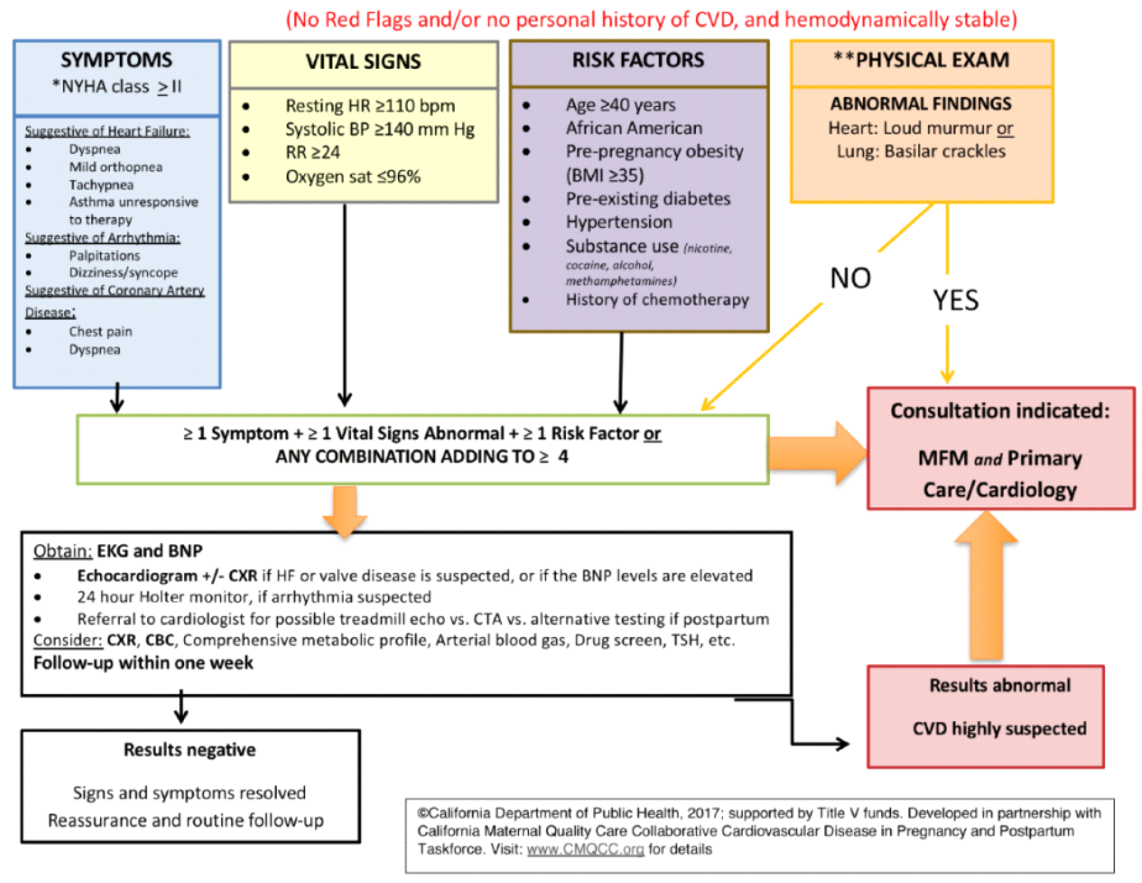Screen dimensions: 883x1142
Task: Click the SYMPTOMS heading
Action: pyautogui.click(x=116, y=60)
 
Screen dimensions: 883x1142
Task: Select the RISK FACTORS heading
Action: pyautogui.click(x=638, y=60)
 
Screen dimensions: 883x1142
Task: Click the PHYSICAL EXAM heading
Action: pyautogui.click(x=922, y=60)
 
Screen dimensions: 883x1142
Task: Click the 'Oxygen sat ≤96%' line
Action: pyautogui.click(x=353, y=177)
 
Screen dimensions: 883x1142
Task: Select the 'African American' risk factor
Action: pyautogui.click(x=634, y=128)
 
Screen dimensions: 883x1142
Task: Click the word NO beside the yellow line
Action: pyautogui.click(x=850, y=278)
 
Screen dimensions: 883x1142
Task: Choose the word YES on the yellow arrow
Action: pyautogui.click(x=955, y=300)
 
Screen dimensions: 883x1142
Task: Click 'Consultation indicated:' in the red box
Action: pyautogui.click(x=1000, y=411)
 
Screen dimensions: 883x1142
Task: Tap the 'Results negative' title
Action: pyautogui.click(x=190, y=750)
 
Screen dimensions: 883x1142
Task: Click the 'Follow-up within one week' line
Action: pyautogui.click(x=143, y=663)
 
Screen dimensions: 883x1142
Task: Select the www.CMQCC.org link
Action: pyautogui.click(x=585, y=849)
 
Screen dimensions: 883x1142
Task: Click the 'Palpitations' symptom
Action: pyautogui.click(x=104, y=256)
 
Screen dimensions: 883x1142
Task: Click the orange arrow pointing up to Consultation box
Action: pyautogui.click(x=986, y=585)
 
